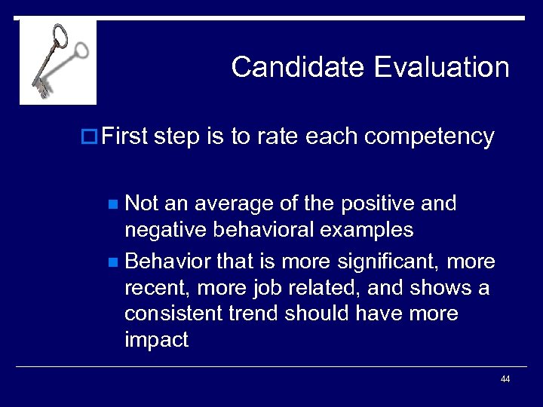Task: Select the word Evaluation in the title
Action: coord(441,67)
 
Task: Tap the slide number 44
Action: coord(505,379)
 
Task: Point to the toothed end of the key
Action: coord(40,87)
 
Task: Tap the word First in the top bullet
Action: coord(124,136)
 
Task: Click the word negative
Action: coord(167,229)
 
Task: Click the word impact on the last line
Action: coord(156,339)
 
